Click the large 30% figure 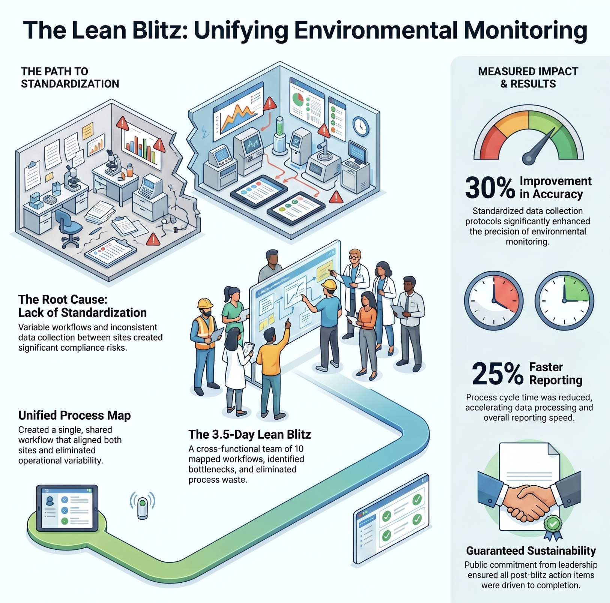(490, 188)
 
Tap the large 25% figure (497, 374)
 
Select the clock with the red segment (494, 300)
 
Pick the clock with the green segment (564, 300)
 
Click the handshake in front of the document (529, 502)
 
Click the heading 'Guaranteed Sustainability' (531, 550)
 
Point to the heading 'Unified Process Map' (75, 415)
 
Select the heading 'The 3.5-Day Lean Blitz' (249, 434)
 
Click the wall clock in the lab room (361, 126)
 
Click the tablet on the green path (67, 508)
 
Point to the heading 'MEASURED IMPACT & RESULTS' (528, 78)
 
